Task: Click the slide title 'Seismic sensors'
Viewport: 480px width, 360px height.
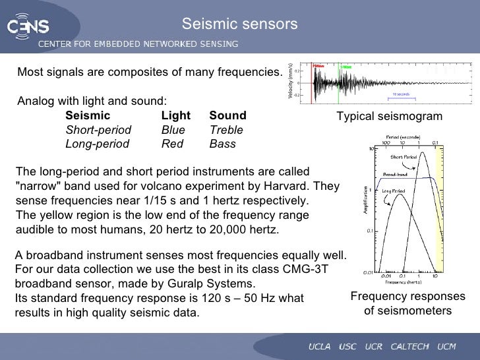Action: click(x=240, y=24)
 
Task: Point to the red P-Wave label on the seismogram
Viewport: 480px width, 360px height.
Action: click(x=319, y=67)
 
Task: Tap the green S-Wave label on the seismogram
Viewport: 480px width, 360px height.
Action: click(x=345, y=67)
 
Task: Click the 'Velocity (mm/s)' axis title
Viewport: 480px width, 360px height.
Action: click(x=290, y=84)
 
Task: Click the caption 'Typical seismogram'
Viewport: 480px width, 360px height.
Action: click(x=389, y=117)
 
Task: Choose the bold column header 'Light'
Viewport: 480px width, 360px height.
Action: click(x=175, y=115)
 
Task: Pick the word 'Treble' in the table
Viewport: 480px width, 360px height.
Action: click(x=226, y=130)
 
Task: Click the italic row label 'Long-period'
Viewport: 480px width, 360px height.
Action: click(x=98, y=144)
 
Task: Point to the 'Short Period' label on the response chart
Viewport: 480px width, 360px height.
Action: click(x=404, y=158)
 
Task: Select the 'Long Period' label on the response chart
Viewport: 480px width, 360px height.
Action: click(x=394, y=191)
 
